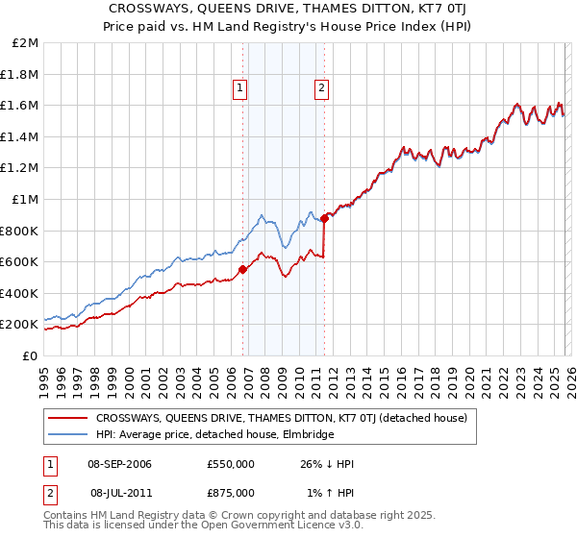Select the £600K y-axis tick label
pos(20,262)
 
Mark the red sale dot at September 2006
pos(242,270)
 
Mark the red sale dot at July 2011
pos(325,219)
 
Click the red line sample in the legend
pos(68,418)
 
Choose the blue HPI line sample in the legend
pos(68,434)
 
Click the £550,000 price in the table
pos(231,464)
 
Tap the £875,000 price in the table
pos(231,491)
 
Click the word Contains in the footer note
pos(66,516)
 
